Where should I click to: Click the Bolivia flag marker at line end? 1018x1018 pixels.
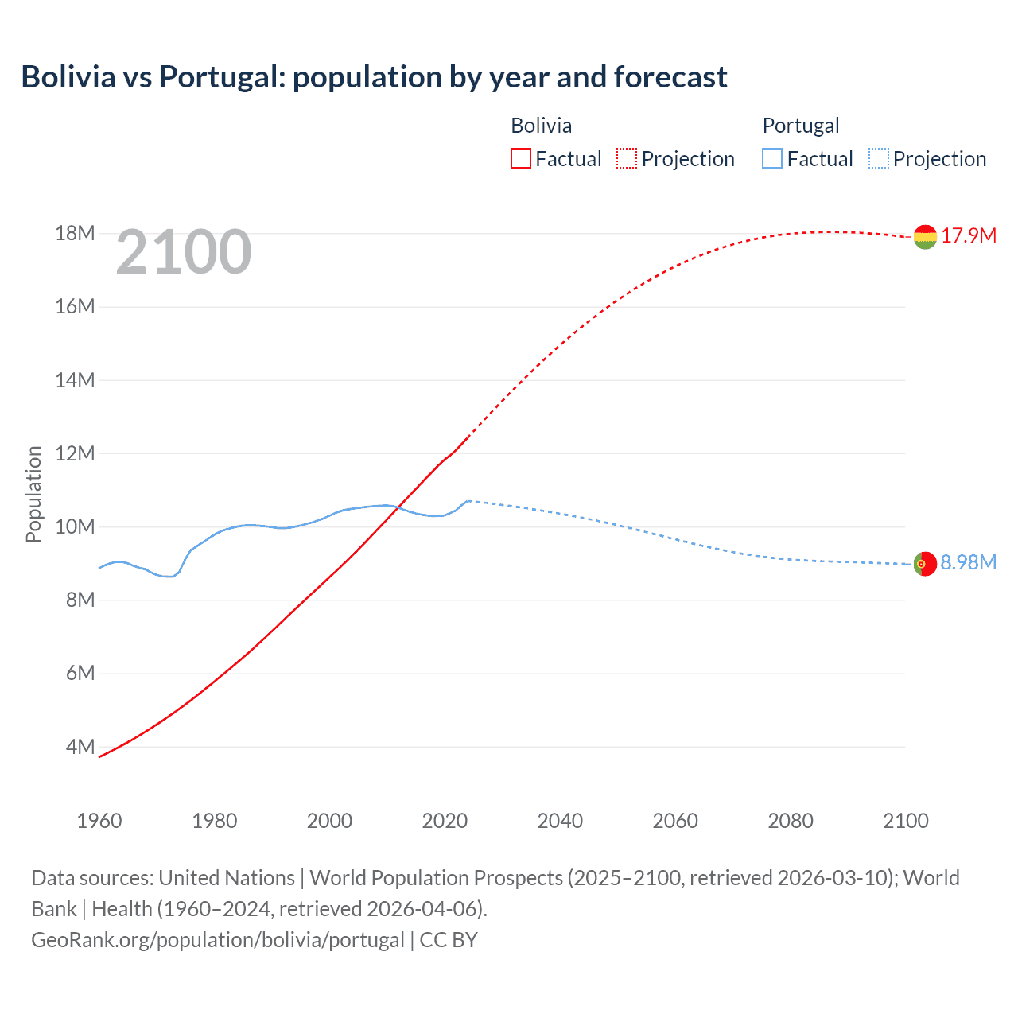tap(925, 236)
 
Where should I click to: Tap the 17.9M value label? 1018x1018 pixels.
tap(969, 236)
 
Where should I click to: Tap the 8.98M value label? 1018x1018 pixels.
tap(968, 563)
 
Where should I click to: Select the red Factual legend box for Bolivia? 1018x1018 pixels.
tap(520, 159)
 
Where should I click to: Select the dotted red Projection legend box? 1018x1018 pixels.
tap(627, 159)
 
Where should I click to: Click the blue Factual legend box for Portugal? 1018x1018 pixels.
tap(771, 159)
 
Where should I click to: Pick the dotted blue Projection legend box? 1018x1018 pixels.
tap(879, 159)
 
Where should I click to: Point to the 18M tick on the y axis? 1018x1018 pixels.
tap(75, 233)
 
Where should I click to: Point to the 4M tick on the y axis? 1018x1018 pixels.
tap(80, 747)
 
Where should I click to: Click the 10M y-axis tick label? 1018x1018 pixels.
tap(75, 526)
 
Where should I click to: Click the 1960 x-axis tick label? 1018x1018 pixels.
tap(99, 821)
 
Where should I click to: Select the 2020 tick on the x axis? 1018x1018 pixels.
tap(445, 821)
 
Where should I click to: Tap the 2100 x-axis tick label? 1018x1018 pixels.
tap(905, 821)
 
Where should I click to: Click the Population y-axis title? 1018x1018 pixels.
tap(33, 494)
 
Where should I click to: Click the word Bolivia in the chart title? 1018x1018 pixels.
tap(68, 77)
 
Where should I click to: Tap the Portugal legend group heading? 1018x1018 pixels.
tap(800, 126)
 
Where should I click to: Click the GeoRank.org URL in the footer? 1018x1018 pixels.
tap(218, 940)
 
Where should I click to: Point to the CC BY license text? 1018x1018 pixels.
tap(449, 940)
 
